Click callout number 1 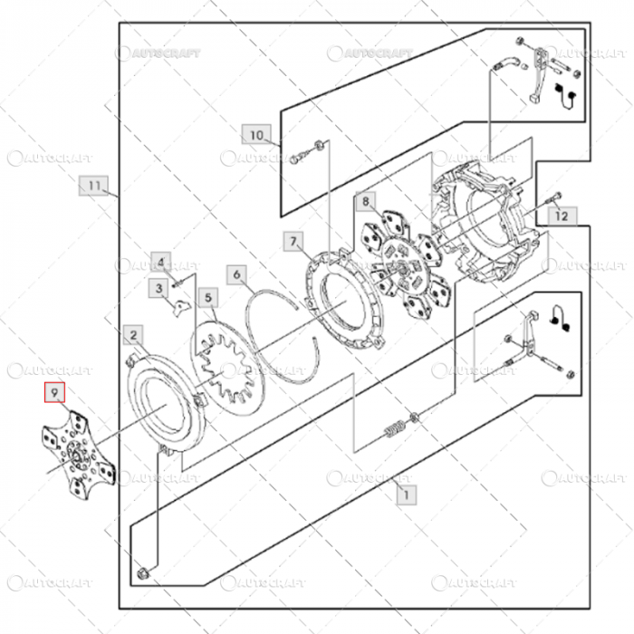pyautogui.click(x=406, y=495)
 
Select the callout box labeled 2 pyautogui.click(x=133, y=336)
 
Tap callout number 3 pyautogui.click(x=158, y=289)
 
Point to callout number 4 pyautogui.click(x=160, y=263)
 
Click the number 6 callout pyautogui.click(x=236, y=273)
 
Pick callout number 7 pyautogui.click(x=293, y=241)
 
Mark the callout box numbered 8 pyautogui.click(x=366, y=200)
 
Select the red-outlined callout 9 pyautogui.click(x=54, y=392)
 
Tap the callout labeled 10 pyautogui.click(x=256, y=135)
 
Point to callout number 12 pyautogui.click(x=562, y=216)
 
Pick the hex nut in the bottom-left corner pyautogui.click(x=144, y=572)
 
